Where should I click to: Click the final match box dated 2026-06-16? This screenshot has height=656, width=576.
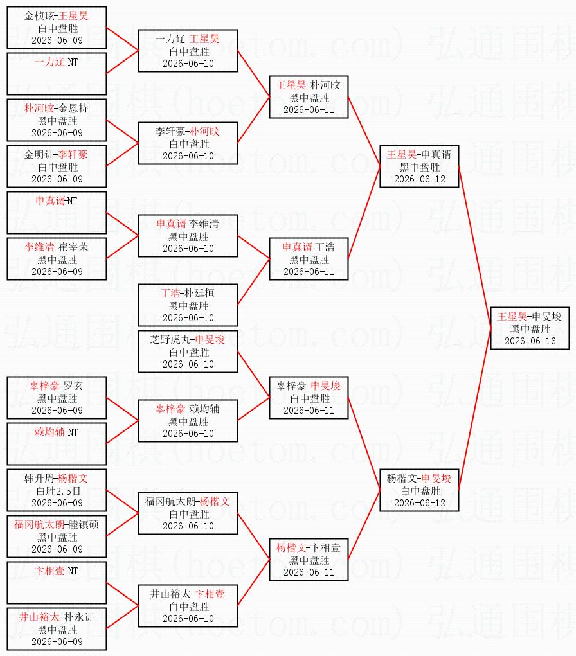[530, 328]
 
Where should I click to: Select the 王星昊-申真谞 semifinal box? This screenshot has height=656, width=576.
[419, 166]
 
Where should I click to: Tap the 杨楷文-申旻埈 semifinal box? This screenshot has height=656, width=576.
[419, 490]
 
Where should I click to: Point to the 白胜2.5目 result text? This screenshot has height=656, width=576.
[58, 491]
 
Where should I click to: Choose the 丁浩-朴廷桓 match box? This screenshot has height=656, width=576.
[188, 305]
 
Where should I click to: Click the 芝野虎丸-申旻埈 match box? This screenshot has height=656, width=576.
[188, 351]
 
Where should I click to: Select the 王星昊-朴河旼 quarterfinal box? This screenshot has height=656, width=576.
[309, 97]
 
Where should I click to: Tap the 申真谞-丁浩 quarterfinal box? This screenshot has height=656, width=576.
[309, 259]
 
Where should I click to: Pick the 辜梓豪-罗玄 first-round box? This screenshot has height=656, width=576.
[57, 398]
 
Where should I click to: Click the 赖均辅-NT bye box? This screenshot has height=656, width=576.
[57, 444]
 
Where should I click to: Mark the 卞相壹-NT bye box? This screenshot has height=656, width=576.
[57, 583]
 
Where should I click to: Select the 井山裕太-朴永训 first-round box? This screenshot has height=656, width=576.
[57, 629]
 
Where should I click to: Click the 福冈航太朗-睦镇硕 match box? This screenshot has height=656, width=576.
[57, 536]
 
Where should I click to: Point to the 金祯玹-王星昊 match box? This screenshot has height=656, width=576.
[57, 28]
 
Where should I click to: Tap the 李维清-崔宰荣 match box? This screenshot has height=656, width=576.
[57, 259]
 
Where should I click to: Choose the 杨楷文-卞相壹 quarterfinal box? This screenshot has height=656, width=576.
[309, 560]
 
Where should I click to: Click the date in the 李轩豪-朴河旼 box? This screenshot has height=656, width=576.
[188, 156]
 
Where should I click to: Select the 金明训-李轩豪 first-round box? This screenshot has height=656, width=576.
[57, 166]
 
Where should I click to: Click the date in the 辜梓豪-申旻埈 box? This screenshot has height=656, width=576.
[309, 411]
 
